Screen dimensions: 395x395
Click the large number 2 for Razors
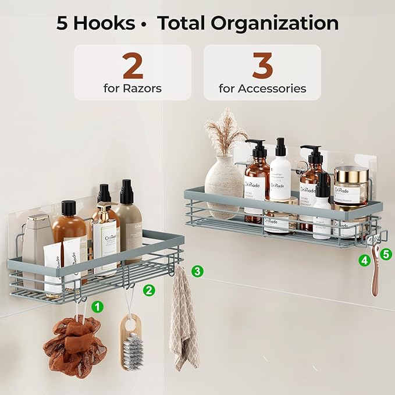[133, 67]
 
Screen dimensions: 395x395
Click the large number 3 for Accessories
[262, 67]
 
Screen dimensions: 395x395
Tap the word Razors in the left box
[142, 89]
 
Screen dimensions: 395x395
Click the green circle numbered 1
[98, 305]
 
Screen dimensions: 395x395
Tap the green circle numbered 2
[150, 290]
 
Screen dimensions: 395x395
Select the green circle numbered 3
[198, 271]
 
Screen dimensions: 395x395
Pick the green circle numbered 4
[364, 261]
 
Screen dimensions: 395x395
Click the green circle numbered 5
[387, 253]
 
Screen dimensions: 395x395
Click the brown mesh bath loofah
[74, 346]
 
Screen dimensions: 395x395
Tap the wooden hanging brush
[131, 343]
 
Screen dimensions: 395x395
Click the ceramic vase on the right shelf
[224, 177]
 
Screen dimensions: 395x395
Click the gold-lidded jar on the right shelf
[351, 185]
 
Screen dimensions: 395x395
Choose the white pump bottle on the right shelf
[280, 172]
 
